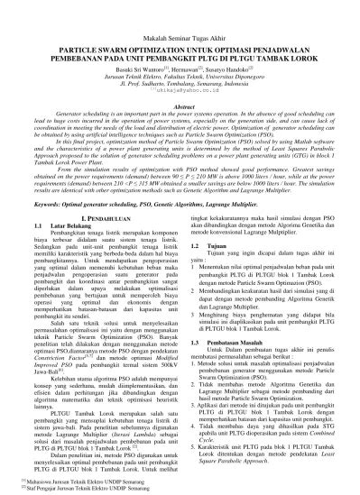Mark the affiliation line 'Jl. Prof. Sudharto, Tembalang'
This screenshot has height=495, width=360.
[180, 84]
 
